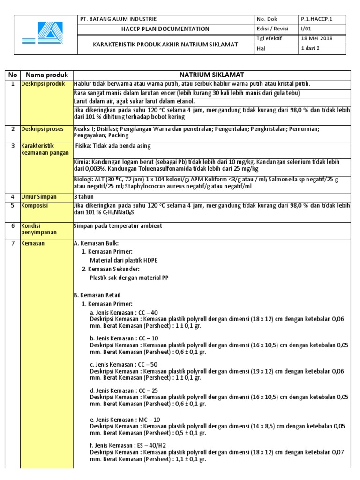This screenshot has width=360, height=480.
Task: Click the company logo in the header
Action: [45, 35]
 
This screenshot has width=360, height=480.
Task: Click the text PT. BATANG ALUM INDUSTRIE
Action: [119, 19]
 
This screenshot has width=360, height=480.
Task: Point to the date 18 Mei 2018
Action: [317, 38]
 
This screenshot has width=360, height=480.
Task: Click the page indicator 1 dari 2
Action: [311, 48]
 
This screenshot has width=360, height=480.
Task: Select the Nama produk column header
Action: [47, 75]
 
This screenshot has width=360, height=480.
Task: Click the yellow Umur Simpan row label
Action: [41, 196]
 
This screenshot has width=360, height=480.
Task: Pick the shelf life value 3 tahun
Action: [84, 196]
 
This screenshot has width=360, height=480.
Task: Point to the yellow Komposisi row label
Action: [38, 205]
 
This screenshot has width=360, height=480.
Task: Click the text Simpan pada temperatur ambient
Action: [118, 226]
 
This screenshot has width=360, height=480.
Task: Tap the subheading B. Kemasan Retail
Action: [97, 295]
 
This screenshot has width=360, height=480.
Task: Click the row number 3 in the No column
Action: [13, 146]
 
